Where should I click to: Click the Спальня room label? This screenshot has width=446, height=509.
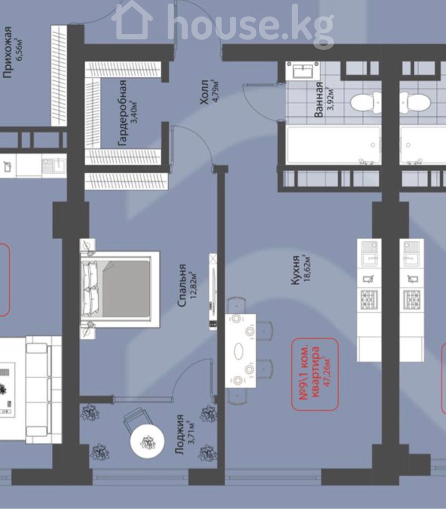[182, 286]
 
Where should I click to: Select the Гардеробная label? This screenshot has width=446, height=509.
[122, 113]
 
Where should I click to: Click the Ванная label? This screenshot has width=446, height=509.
[319, 100]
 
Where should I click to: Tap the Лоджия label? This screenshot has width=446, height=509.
[179, 434]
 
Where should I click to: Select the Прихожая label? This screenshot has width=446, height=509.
[7, 52]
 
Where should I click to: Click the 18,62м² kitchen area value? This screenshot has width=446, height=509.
[307, 269]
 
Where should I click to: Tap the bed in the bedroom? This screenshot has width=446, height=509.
[120, 289]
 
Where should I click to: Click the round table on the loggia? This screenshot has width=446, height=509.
[147, 441]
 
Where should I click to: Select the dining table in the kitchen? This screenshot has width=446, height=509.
[241, 351]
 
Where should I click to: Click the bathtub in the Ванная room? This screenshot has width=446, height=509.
[334, 145]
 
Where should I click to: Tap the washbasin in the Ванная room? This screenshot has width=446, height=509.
[303, 71]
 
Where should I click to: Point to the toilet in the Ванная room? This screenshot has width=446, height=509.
[366, 102]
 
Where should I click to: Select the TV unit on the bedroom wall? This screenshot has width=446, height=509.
[213, 291]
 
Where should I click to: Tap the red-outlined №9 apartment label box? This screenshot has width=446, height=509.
[315, 374]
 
